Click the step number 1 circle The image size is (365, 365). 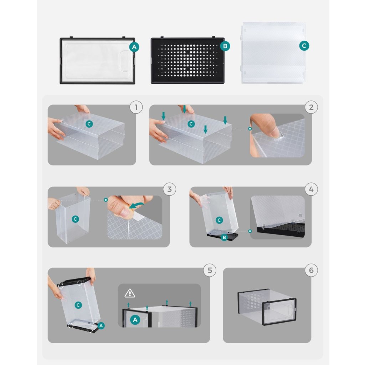coord(136,107)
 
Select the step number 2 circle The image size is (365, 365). coord(311,107)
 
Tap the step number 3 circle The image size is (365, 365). coord(169,189)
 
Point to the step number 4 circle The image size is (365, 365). coord(311,189)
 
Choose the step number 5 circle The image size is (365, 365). coord(210,270)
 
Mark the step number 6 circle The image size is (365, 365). coord(311,270)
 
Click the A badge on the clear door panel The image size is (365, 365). coord(134,47)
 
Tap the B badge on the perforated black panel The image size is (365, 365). coord(225,46)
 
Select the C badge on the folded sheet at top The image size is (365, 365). coord(304,46)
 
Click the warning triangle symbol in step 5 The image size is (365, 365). coord(130,293)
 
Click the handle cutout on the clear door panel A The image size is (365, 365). coord(126,60)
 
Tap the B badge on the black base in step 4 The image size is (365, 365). coord(224,237)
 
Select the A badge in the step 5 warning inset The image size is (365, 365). coord(135,320)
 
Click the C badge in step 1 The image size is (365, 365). coord(89,124)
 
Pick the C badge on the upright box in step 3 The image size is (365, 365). coord(75,219)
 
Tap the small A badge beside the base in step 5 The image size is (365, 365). coord(101,326)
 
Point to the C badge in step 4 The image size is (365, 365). coord(219,220)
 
